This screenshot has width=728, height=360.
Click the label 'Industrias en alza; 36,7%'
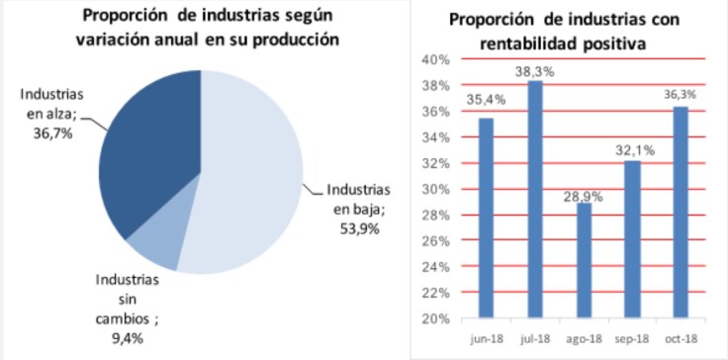click(x=49, y=115)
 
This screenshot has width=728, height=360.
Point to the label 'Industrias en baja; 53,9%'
click(x=358, y=207)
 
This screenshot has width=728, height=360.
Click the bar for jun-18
click(x=486, y=218)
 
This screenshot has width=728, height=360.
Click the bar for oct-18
click(x=682, y=212)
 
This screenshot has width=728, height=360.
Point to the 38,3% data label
click(x=533, y=71)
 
